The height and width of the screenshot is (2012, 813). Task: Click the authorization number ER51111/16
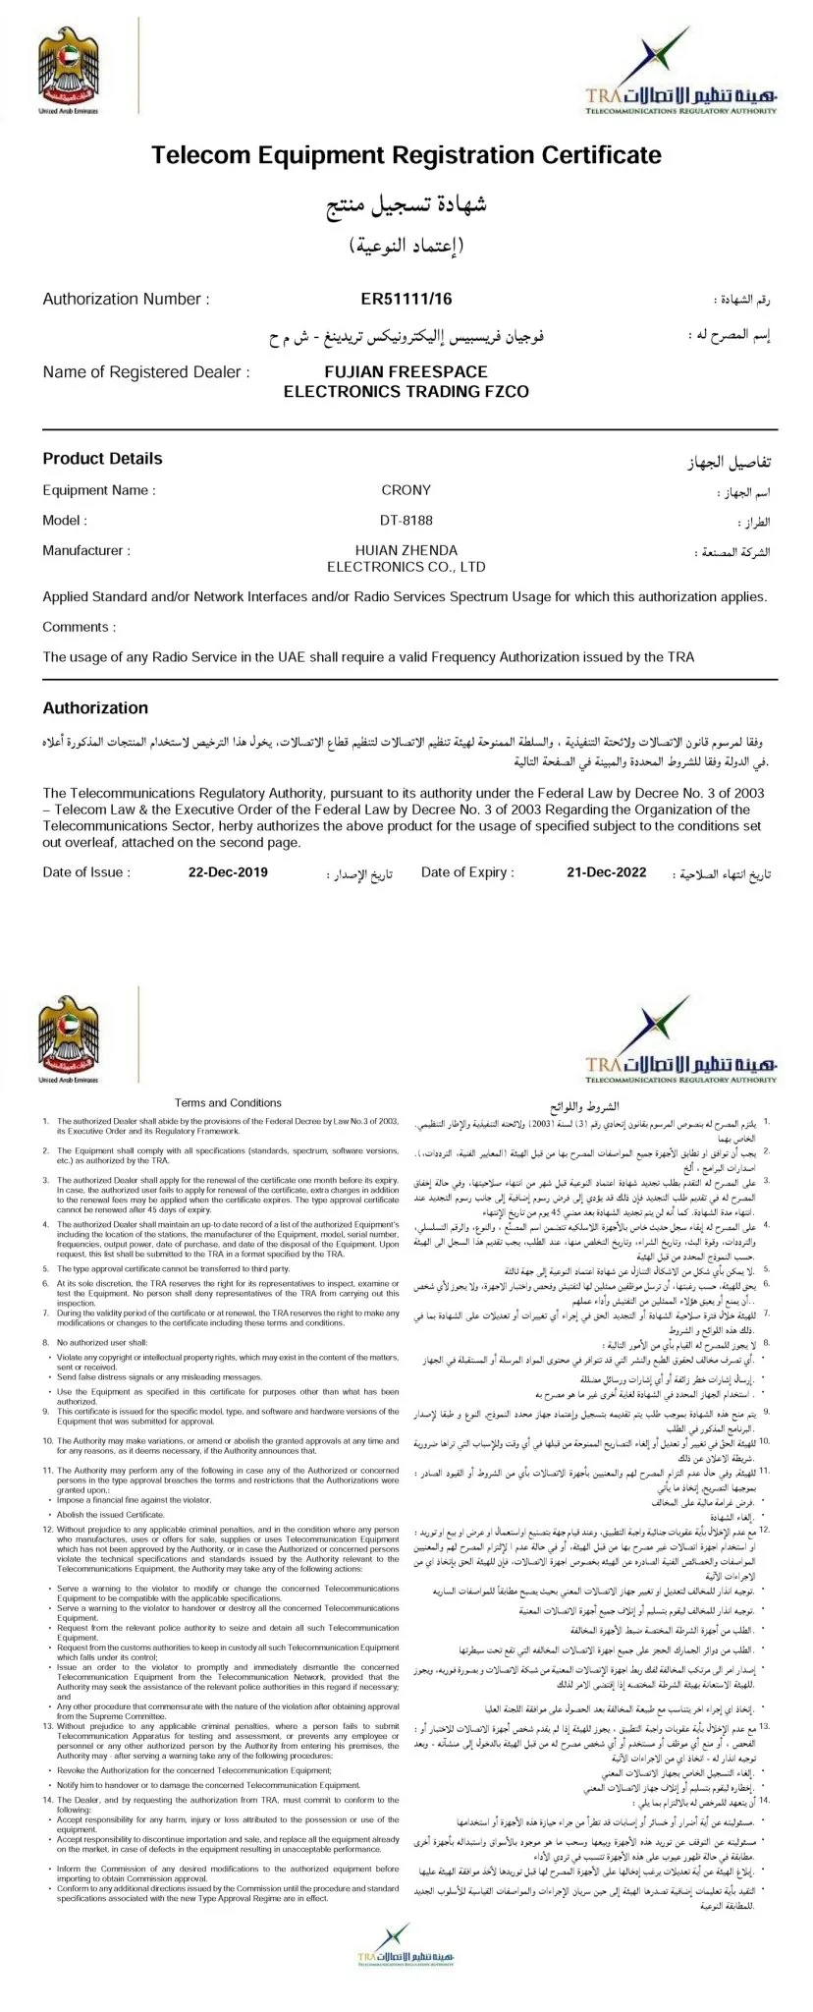coord(406,299)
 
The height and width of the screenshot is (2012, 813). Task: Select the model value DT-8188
coord(406,520)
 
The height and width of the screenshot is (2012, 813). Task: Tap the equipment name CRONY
coord(406,489)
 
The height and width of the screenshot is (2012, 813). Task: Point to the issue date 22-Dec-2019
coord(228,871)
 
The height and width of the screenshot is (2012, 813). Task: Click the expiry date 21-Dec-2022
coord(606,871)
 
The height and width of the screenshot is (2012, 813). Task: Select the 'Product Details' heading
coord(102,458)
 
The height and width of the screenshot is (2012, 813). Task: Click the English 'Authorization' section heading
coord(95,707)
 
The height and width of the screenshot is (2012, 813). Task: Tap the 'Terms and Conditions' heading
coord(228,1102)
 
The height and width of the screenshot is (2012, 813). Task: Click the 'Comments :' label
coord(79,627)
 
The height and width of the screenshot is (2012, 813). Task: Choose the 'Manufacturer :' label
coord(86,550)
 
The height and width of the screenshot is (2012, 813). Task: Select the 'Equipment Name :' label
coord(98,489)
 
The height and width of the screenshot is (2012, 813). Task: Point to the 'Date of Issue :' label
coord(86,871)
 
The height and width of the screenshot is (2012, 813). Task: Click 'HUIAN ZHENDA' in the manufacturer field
coord(406,550)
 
